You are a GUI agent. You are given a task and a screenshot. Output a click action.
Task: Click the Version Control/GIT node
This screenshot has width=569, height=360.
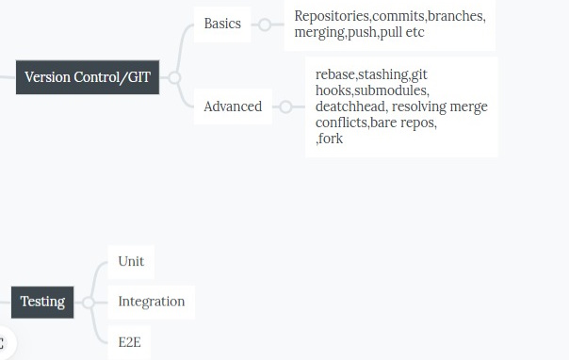pyautogui.click(x=88, y=77)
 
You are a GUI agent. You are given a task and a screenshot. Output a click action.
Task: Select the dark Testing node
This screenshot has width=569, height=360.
pyautogui.click(x=42, y=302)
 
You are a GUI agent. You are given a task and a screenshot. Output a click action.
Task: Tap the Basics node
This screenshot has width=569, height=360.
pyautogui.click(x=222, y=24)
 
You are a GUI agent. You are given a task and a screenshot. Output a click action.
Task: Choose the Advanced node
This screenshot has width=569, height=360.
pyautogui.click(x=233, y=106)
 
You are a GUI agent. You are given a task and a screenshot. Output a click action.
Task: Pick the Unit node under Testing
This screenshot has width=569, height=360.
pyautogui.click(x=131, y=261)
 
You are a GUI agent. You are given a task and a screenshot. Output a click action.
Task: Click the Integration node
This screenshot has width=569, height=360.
pyautogui.click(x=151, y=302)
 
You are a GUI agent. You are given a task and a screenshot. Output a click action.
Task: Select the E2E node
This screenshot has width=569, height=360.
pyautogui.click(x=130, y=342)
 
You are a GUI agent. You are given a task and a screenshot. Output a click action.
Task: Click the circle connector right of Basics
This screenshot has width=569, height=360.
pyautogui.click(x=265, y=25)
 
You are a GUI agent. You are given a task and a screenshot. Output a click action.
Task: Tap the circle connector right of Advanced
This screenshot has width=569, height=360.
pyautogui.click(x=285, y=106)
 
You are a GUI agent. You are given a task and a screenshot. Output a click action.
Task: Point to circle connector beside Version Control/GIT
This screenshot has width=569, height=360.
pyautogui.click(x=173, y=77)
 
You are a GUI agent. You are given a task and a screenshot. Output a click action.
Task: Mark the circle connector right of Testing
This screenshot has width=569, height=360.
pyautogui.click(x=88, y=303)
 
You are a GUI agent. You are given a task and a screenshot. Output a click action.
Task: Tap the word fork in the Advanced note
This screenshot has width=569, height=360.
pyautogui.click(x=331, y=139)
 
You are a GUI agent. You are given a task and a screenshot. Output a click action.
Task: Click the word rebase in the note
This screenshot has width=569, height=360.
pyautogui.click(x=334, y=74)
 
